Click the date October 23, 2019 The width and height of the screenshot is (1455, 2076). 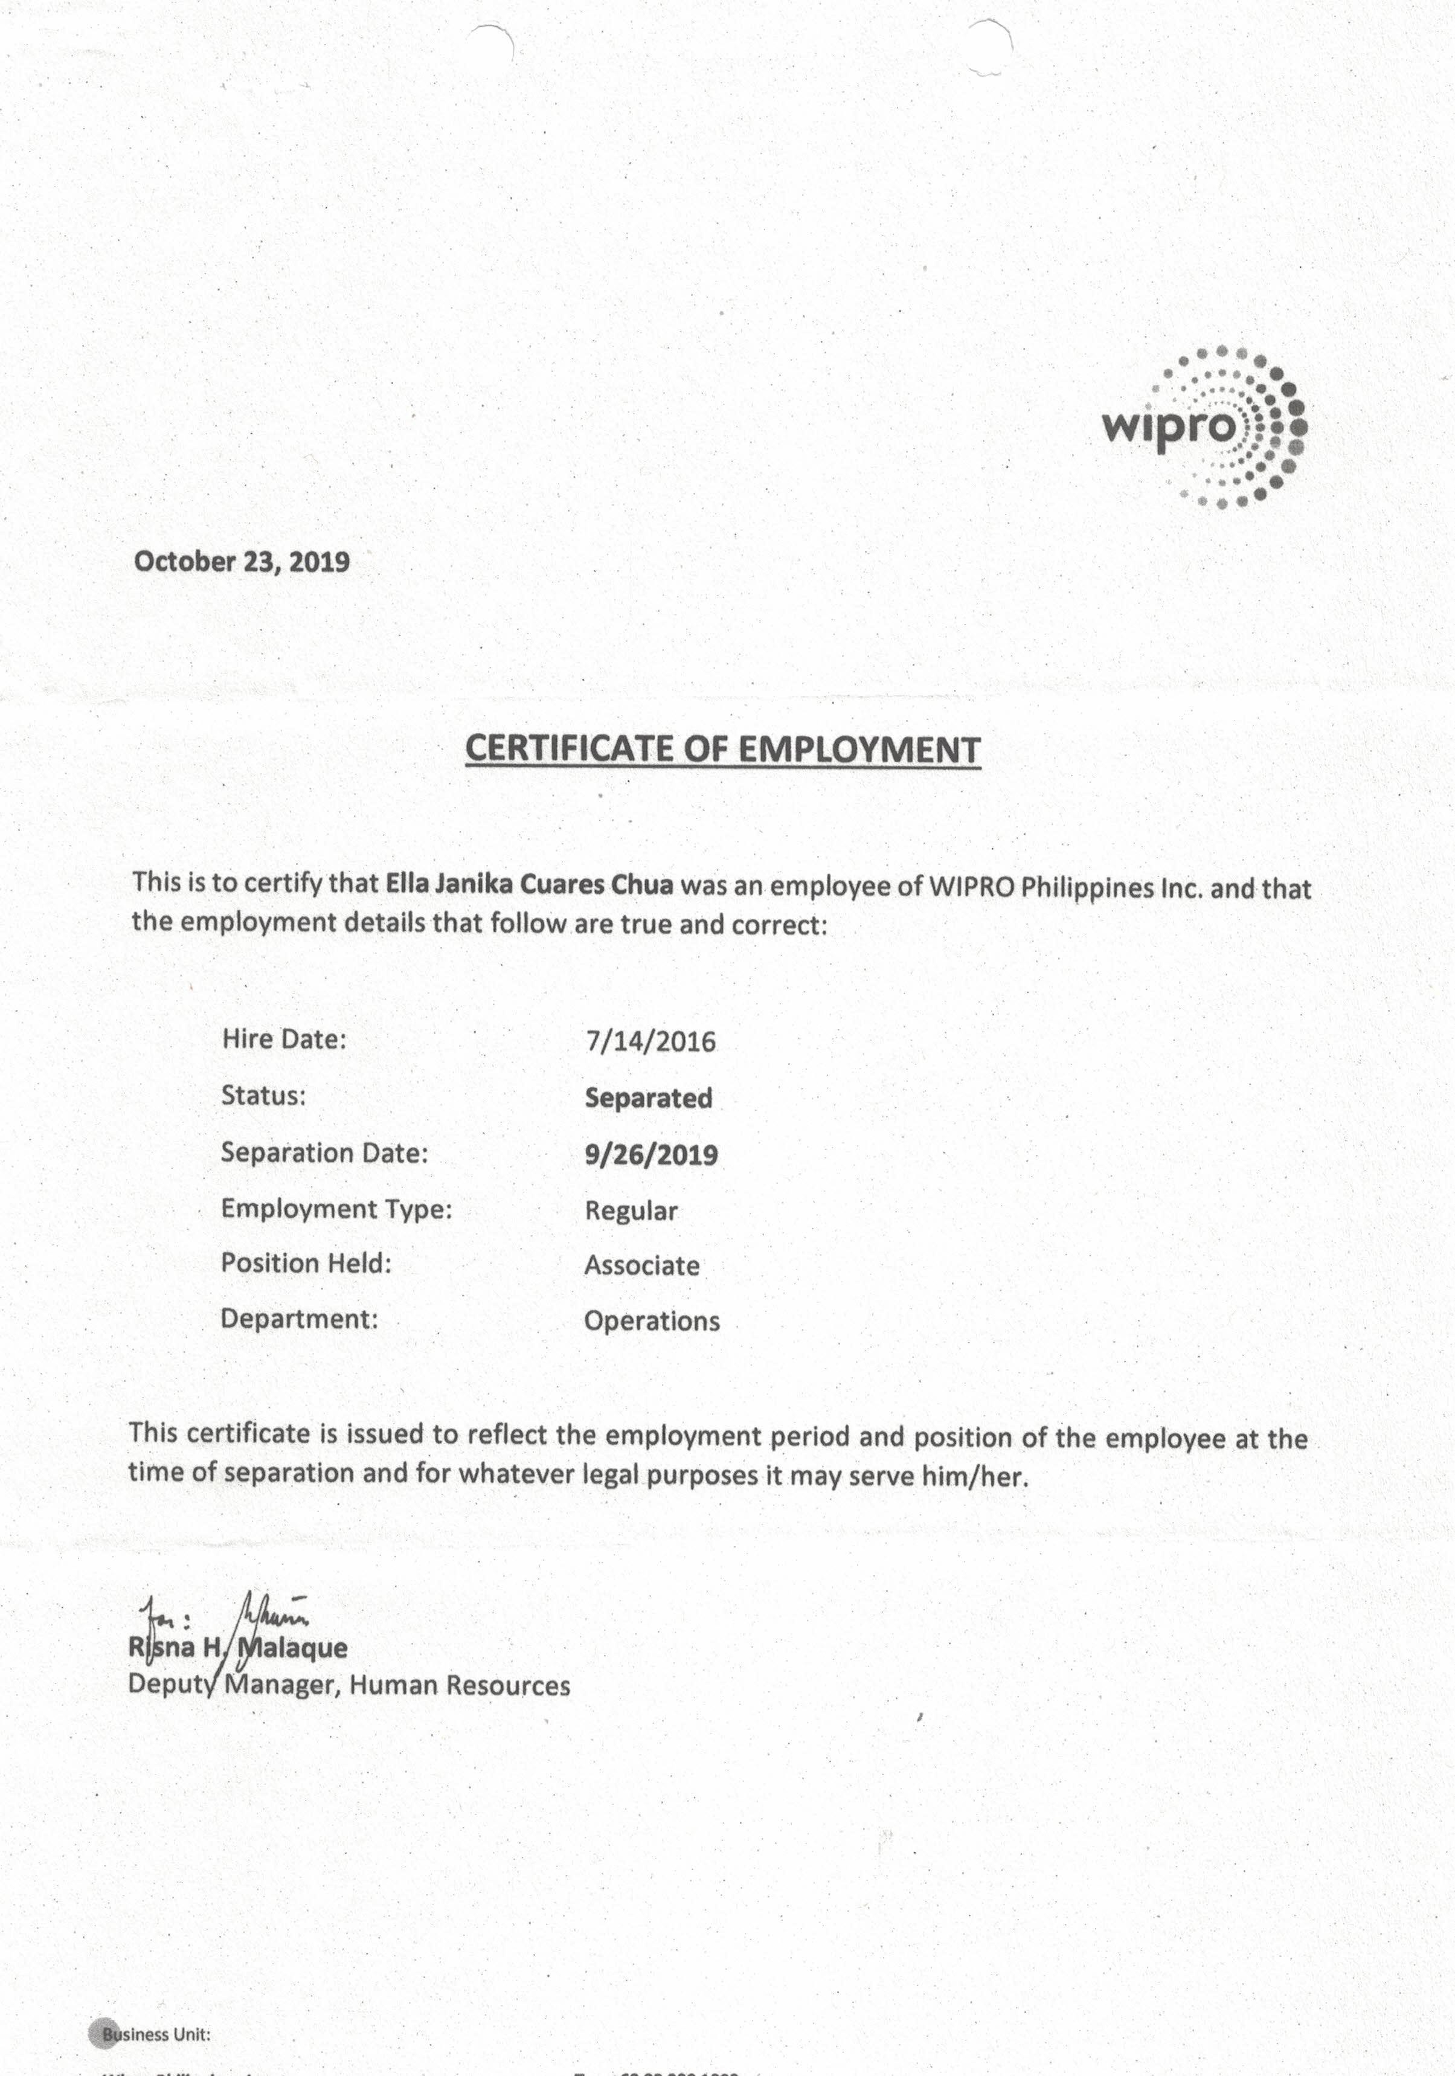(x=242, y=562)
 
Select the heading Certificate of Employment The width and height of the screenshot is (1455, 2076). (x=722, y=750)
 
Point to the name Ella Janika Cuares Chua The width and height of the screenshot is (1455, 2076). (x=529, y=884)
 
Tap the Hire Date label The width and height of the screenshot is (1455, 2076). (x=284, y=1039)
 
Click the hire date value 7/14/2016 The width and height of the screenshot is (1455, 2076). (x=650, y=1041)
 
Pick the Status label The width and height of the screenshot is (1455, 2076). (x=263, y=1096)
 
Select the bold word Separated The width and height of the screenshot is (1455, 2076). (x=648, y=1097)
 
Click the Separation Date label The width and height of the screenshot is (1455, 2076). (x=324, y=1153)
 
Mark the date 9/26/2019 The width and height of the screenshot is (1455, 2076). (x=651, y=1155)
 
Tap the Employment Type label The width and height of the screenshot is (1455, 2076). (x=336, y=1209)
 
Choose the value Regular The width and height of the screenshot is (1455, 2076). (x=631, y=1210)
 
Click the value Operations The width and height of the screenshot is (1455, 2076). (x=652, y=1321)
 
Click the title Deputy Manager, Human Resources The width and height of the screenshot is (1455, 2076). (x=349, y=1685)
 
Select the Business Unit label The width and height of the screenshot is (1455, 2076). (x=156, y=2034)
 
